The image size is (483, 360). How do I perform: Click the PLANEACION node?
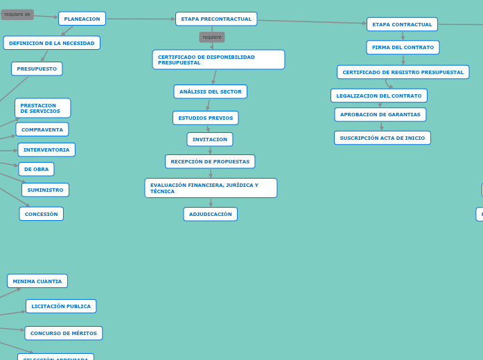point(82,19)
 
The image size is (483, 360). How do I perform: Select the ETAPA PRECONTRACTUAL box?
point(216,19)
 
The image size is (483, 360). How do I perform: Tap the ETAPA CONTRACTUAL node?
point(402,24)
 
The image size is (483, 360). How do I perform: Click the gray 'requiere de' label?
point(17,14)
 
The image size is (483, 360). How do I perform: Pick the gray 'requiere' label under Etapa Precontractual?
point(212,37)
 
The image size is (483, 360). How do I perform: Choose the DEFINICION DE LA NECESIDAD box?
point(51,43)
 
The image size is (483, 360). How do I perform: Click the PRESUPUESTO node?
point(37,69)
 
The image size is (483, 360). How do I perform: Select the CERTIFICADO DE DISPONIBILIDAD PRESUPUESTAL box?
point(218,60)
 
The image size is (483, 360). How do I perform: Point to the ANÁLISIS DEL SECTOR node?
point(210,91)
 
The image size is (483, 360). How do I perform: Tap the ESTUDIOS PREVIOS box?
point(205,118)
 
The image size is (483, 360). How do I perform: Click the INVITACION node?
point(209,139)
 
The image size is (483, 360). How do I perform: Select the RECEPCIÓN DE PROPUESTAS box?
point(210,161)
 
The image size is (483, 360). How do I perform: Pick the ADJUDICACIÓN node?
point(210,214)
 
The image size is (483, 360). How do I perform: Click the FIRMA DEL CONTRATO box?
point(403,47)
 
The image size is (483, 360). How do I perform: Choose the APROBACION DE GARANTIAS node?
point(380,114)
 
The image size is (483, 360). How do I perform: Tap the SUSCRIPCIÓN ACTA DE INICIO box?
point(382,138)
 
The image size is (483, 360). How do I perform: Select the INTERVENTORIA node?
point(46,150)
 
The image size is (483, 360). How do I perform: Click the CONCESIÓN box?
point(41,214)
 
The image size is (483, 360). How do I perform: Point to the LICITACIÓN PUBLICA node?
point(61,306)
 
